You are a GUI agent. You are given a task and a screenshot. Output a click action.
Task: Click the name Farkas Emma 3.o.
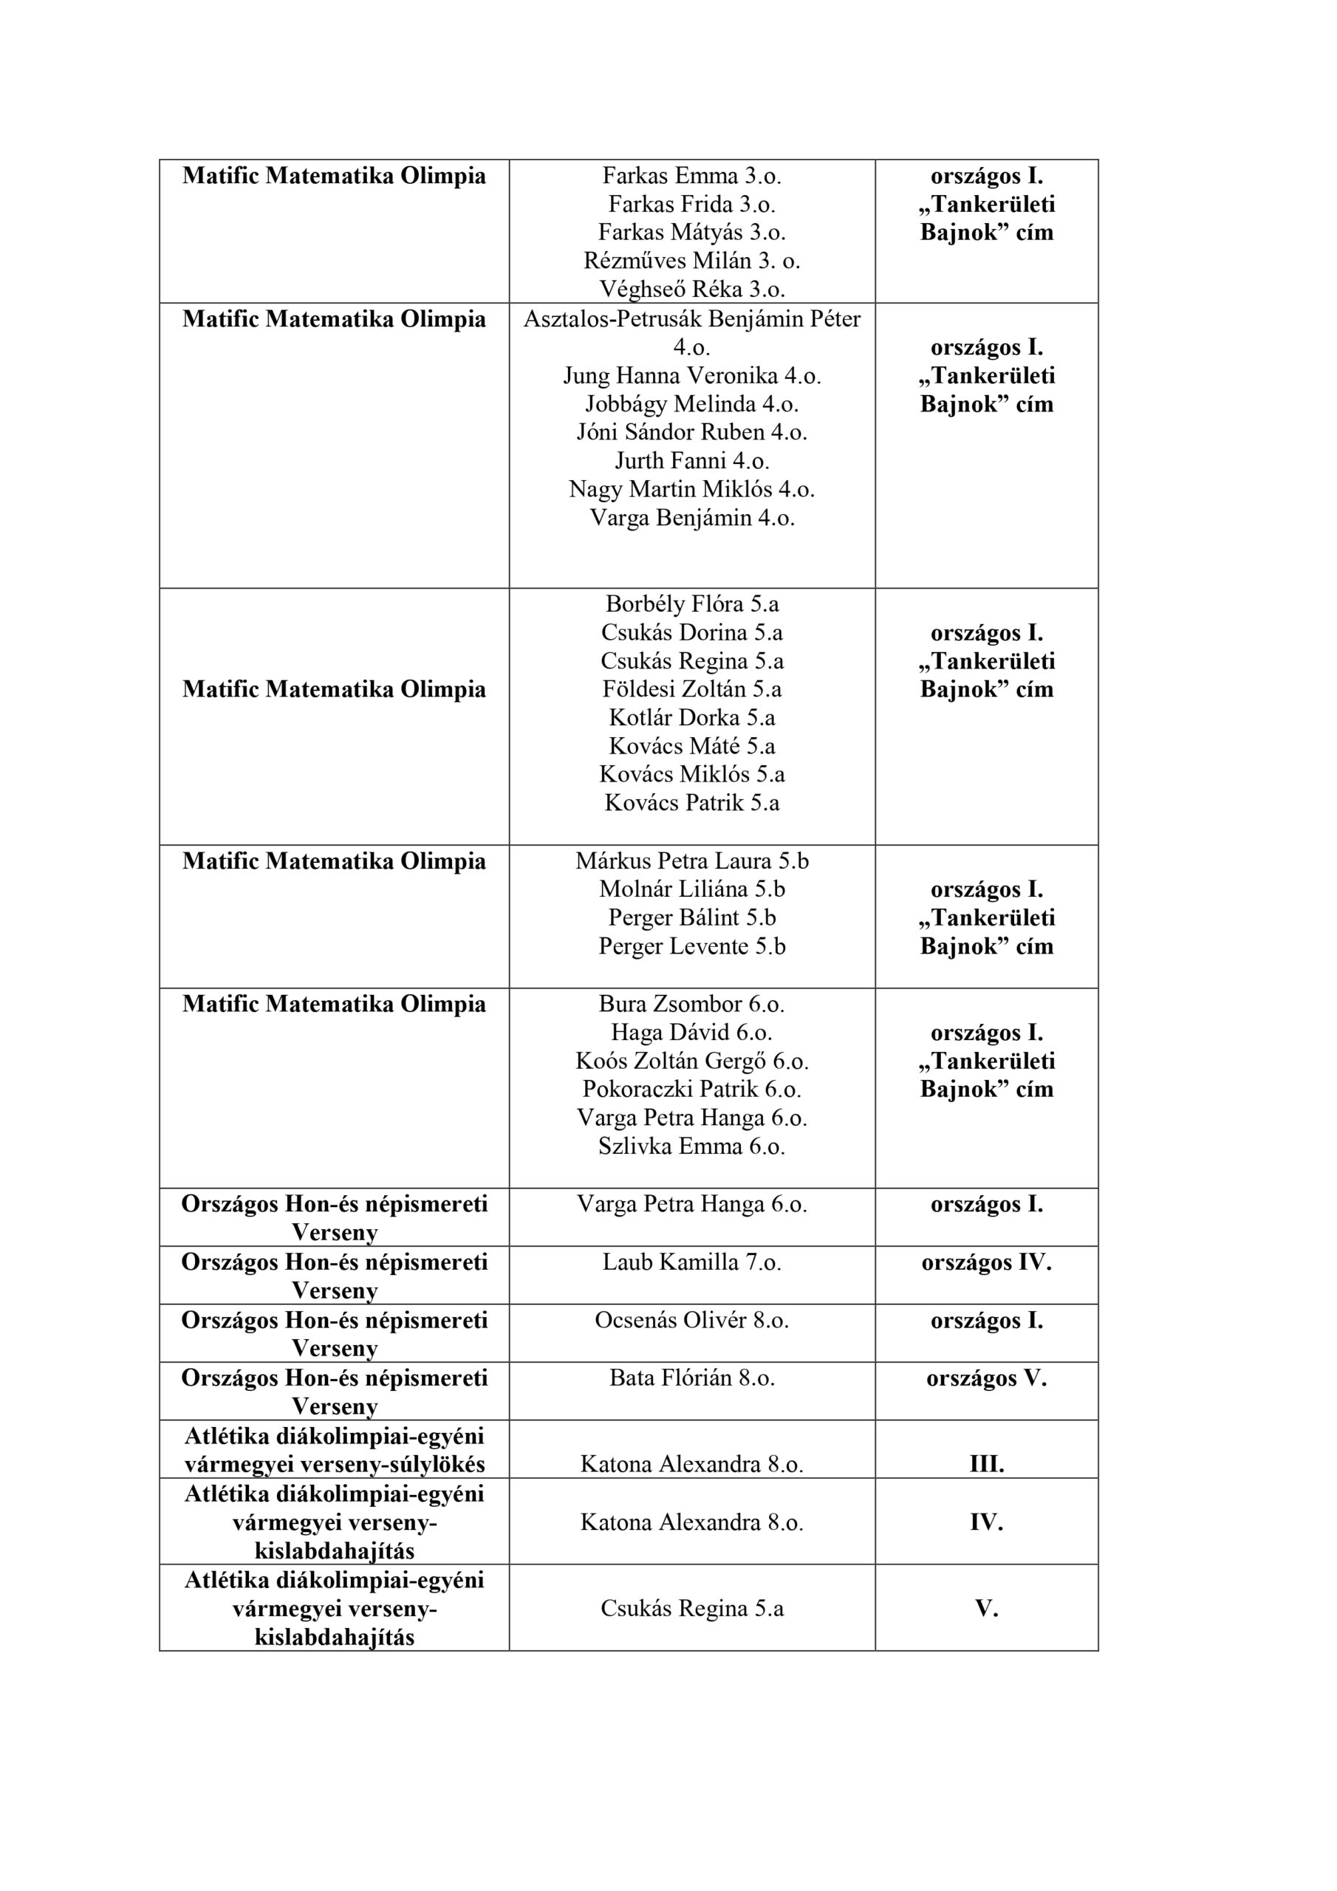point(691,175)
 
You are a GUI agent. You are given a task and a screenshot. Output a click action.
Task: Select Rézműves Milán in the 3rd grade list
point(691,260)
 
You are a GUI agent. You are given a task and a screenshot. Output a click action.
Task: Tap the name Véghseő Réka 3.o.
point(691,289)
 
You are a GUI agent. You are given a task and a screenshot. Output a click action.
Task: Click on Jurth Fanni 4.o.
point(691,460)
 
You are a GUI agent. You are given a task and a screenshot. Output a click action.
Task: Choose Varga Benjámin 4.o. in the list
point(691,517)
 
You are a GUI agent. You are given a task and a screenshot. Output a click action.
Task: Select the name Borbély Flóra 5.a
point(691,603)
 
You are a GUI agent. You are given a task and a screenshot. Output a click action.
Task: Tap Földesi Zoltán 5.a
point(691,688)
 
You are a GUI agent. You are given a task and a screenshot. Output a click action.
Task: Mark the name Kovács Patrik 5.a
point(691,802)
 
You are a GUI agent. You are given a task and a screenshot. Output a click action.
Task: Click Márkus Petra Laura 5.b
point(691,861)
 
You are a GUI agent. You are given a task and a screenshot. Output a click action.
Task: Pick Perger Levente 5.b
point(691,946)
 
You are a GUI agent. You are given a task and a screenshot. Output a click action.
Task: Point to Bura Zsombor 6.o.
point(691,1004)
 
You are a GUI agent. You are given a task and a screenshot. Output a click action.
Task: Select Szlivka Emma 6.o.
point(691,1146)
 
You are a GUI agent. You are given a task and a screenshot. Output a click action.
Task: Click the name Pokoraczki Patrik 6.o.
point(691,1089)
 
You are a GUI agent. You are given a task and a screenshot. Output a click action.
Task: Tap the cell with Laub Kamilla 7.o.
point(691,1262)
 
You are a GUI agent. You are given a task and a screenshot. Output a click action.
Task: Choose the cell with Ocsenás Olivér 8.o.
point(691,1320)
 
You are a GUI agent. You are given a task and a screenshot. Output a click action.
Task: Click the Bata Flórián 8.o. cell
point(691,1378)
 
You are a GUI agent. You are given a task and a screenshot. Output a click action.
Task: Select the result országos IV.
point(986,1262)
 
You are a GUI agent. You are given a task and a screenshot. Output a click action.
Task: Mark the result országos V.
point(986,1378)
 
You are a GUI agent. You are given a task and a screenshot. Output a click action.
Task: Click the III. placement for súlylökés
point(986,1464)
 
